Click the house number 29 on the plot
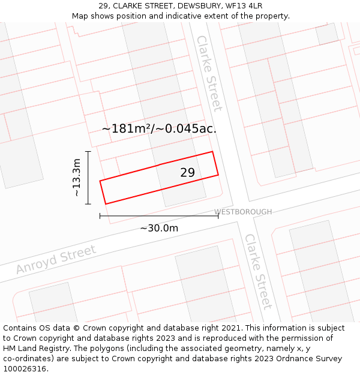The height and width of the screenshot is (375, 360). (187, 173)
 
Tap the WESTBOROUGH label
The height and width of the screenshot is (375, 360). (243, 212)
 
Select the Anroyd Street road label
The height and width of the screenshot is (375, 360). (56, 260)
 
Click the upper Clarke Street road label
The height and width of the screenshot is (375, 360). (209, 73)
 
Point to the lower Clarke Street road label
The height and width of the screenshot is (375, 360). (258, 271)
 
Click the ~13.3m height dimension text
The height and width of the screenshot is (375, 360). (76, 178)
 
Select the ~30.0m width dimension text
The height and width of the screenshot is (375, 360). (159, 228)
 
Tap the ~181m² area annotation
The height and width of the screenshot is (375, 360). (159, 128)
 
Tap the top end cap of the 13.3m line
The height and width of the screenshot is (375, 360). (88, 152)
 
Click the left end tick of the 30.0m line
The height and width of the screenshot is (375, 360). (100, 216)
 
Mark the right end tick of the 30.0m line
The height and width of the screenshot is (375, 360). (218, 216)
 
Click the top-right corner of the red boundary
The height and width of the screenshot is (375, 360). (213, 152)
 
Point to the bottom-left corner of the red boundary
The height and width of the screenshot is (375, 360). (106, 204)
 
